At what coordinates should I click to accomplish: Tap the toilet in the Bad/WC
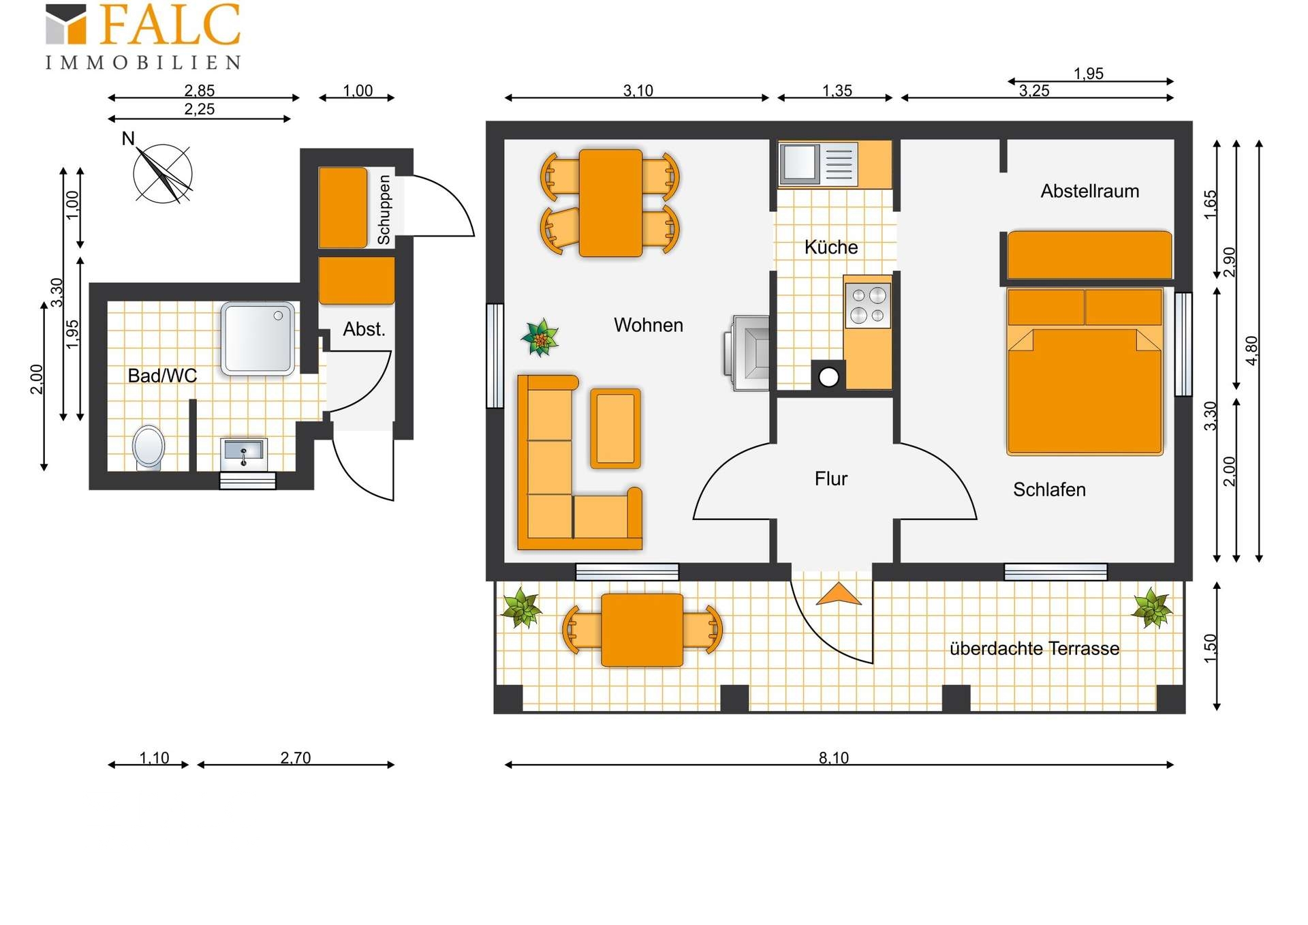pos(149,447)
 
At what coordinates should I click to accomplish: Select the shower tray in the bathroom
pos(258,339)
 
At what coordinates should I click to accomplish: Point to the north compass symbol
pos(163,172)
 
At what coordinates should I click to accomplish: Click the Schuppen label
pos(384,209)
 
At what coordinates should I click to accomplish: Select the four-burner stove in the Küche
pos(868,305)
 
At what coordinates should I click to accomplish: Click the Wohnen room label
pos(648,325)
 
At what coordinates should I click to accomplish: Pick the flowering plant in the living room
pos(540,337)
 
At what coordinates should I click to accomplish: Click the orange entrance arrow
pos(839,594)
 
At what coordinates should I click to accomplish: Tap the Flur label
pos(830,479)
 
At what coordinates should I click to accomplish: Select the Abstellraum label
pos(1089,191)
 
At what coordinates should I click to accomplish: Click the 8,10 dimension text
pos(834,757)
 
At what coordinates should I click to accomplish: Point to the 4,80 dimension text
pos(1251,350)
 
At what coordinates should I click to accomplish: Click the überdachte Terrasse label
pos(1034,648)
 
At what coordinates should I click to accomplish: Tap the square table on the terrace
pos(642,630)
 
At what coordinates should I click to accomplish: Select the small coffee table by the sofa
pos(615,428)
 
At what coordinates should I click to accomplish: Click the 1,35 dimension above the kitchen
pos(837,91)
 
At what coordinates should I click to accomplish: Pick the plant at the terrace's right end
pos(1152,607)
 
